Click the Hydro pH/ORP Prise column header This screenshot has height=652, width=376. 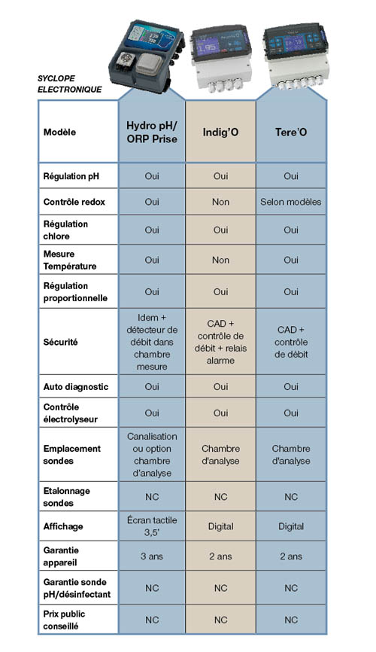click(x=152, y=132)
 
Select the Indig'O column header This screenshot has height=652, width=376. click(x=220, y=132)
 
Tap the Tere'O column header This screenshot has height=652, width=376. click(x=290, y=132)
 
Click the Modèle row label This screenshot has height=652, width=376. click(x=61, y=132)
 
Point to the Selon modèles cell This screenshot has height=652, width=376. click(x=290, y=202)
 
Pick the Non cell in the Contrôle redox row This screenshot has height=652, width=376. click(x=220, y=202)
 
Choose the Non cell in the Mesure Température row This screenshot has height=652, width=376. click(x=220, y=260)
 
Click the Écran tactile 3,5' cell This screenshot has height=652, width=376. click(x=152, y=526)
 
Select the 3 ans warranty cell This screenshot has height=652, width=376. click(x=152, y=556)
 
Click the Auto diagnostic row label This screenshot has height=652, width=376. click(x=76, y=387)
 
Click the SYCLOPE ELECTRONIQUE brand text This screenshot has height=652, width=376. click(x=70, y=84)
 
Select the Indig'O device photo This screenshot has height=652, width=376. click(x=221, y=56)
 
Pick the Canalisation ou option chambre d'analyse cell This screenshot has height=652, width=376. click(x=152, y=454)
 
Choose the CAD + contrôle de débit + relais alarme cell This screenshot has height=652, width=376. click(x=220, y=342)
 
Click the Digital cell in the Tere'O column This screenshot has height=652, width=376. click(x=290, y=526)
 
